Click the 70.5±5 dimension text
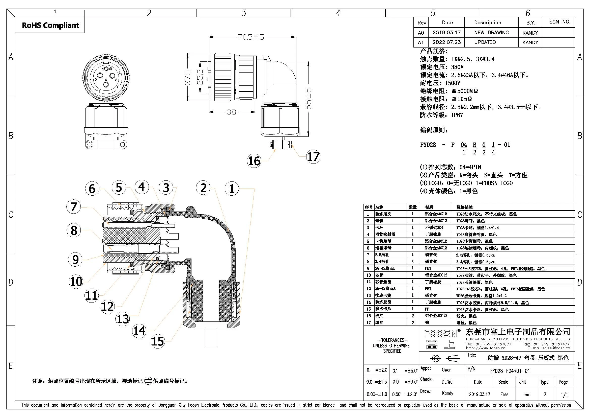coord(251,37)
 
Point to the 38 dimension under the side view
coord(231,112)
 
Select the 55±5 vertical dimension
coord(308,99)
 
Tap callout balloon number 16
coord(254,161)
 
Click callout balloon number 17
coord(313,157)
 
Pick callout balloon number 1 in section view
coord(232,189)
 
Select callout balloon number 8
coord(74,230)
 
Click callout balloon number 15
coord(158,341)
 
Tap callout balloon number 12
coord(108,307)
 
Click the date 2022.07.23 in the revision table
coord(447,42)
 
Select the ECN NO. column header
coord(560,22)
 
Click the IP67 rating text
coord(457,115)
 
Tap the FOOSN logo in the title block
coord(440,334)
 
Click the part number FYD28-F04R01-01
coord(510,371)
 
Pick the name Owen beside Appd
coord(447,370)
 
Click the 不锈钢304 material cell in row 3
coord(434,228)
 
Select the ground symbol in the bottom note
coord(148,381)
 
